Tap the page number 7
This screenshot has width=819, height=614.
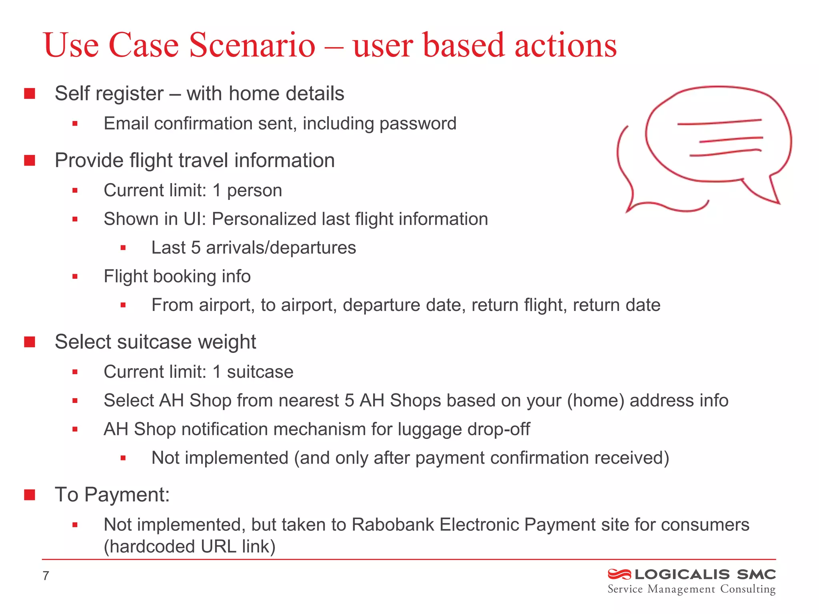[x=46, y=576]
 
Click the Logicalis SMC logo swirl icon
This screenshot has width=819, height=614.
[x=619, y=574]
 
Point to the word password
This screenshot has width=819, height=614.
[x=417, y=124]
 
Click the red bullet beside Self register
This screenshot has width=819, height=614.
[x=30, y=94]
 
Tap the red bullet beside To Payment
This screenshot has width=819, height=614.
[x=30, y=495]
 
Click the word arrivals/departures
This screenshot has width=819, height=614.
[x=281, y=248]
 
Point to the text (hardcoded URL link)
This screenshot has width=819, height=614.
[x=190, y=547]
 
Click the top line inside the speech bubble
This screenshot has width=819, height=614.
[x=719, y=122]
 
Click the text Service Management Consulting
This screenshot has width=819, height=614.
[x=691, y=589]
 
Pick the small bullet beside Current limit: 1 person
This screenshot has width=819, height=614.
[x=75, y=191]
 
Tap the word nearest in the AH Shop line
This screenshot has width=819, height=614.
[x=309, y=401]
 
